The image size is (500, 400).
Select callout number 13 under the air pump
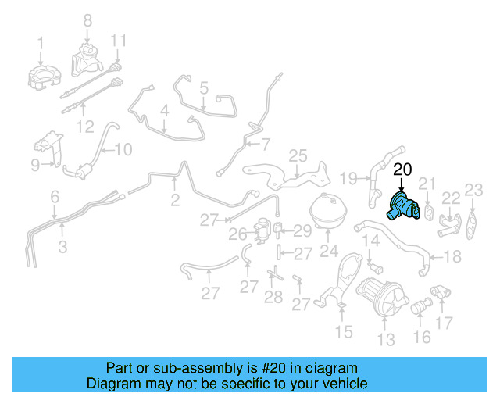(387, 339)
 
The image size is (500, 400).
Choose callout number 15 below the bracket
(344, 333)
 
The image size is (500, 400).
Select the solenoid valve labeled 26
(260, 232)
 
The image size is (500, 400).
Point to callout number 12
(86, 126)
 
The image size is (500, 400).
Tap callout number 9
(35, 164)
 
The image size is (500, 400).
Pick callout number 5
(203, 89)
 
